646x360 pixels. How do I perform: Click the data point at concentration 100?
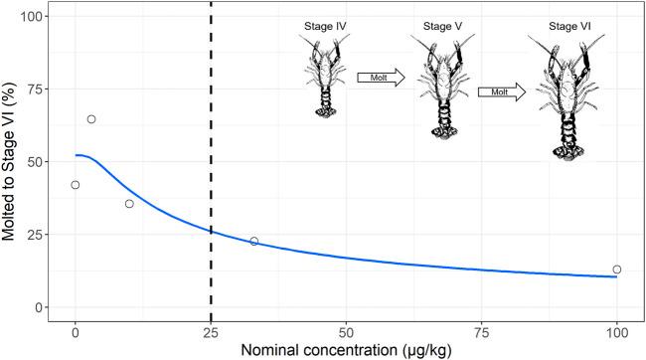(x=617, y=270)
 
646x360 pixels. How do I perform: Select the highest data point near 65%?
(x=91, y=119)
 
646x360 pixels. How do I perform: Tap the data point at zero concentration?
(x=76, y=185)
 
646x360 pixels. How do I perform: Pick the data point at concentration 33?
(x=254, y=242)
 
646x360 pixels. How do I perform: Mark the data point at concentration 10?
(x=129, y=204)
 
